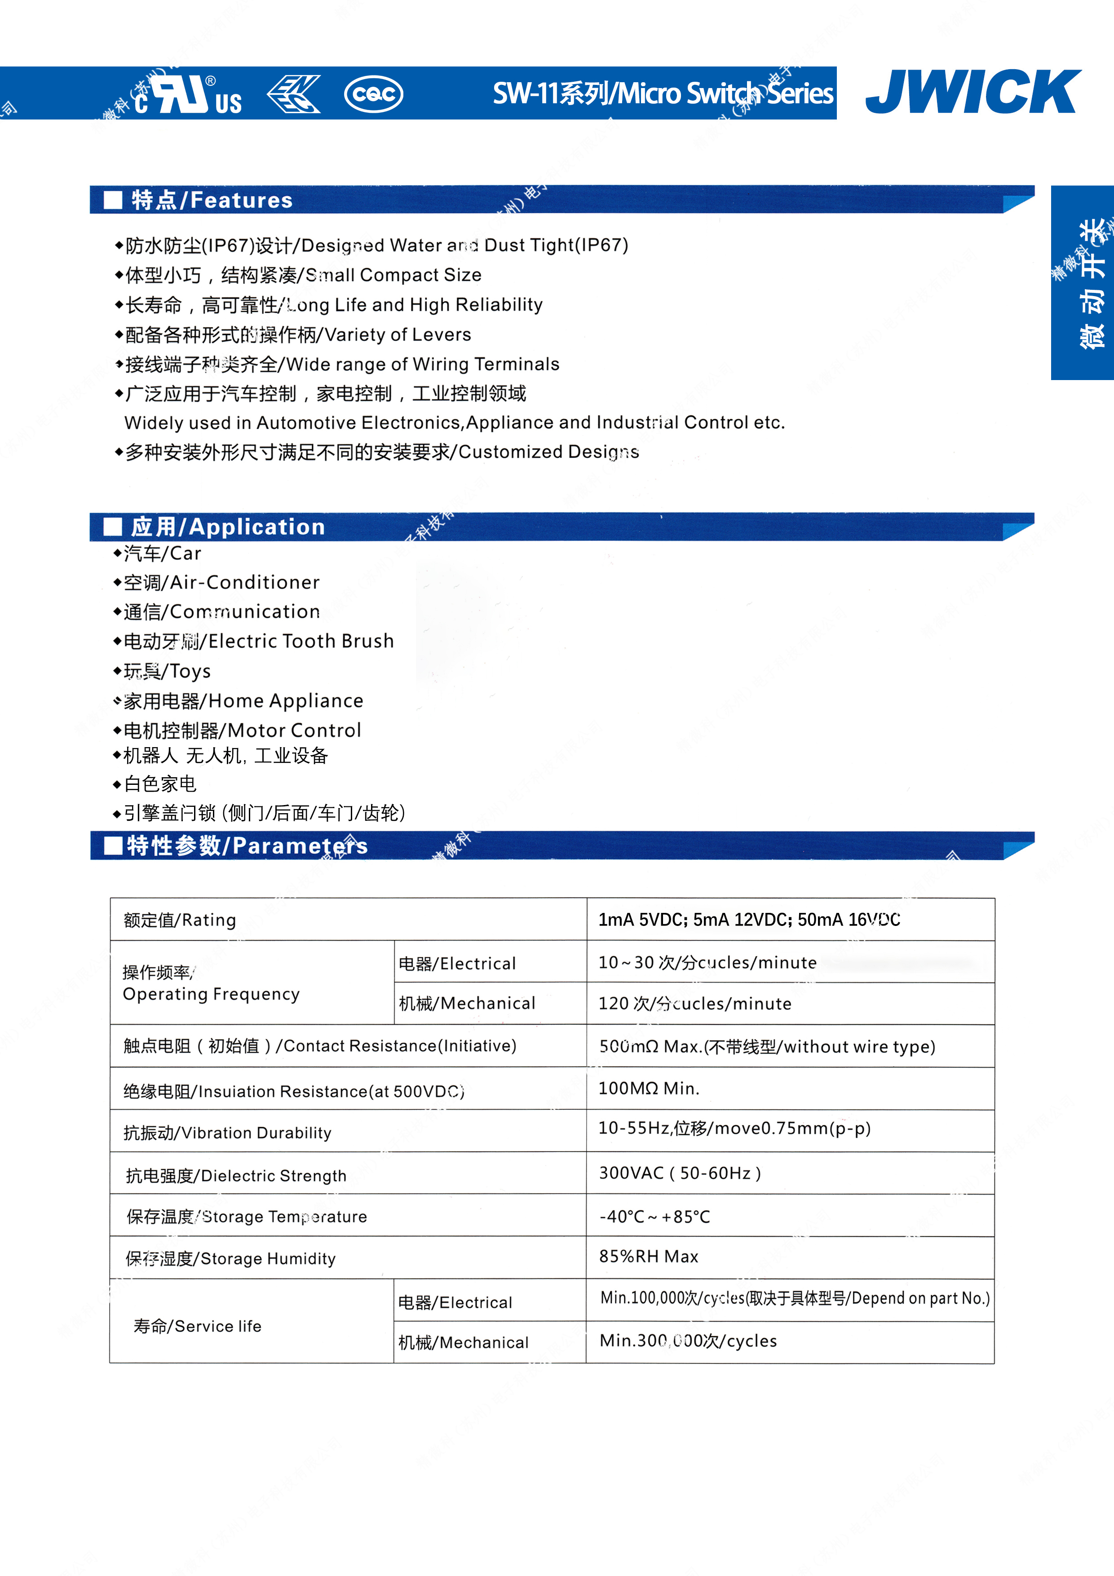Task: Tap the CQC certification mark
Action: click(373, 93)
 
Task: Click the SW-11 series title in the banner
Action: click(663, 93)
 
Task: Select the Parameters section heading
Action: click(247, 846)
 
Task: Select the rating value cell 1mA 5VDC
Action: click(749, 920)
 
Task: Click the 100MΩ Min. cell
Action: click(649, 1088)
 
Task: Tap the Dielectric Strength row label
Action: click(236, 1176)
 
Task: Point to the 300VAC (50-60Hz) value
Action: click(680, 1173)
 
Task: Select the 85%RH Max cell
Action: click(649, 1257)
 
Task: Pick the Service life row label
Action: click(198, 1326)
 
